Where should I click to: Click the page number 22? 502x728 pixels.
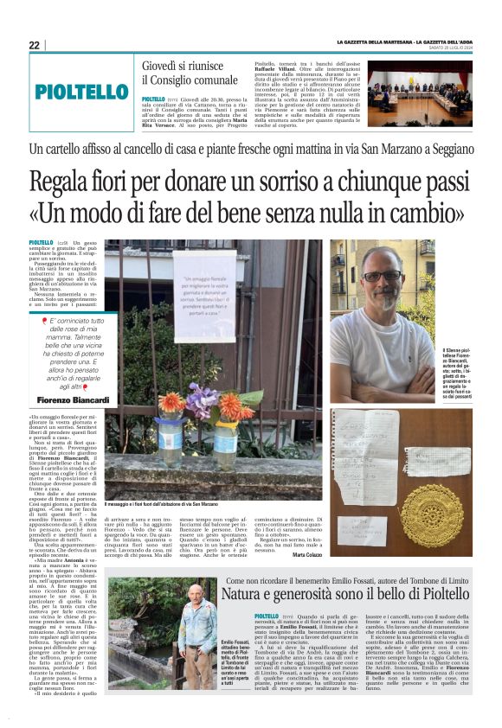click(x=34, y=45)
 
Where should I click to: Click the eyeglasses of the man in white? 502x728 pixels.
click(x=382, y=276)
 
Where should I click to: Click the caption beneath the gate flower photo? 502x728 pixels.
click(x=160, y=504)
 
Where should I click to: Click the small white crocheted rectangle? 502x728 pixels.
click(x=449, y=457)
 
